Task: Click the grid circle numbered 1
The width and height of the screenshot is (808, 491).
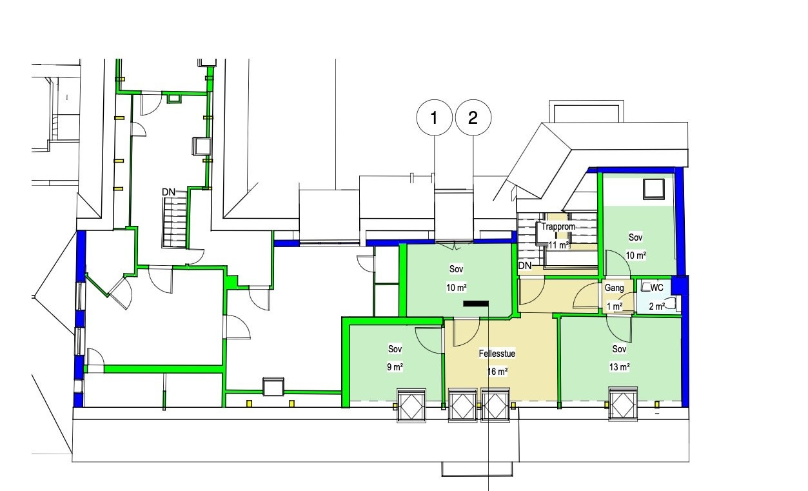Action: coord(434,117)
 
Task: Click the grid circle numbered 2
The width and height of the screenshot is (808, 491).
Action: coord(473,117)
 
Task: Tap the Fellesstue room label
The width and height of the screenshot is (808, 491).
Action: coord(497,354)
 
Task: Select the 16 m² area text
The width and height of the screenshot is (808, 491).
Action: coord(497,372)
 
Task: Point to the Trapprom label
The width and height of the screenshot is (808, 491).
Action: coord(558,226)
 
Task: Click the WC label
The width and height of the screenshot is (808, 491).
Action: coord(657,288)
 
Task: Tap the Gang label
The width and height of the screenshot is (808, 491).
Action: coord(614,288)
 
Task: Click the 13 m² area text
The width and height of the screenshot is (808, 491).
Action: coord(619,367)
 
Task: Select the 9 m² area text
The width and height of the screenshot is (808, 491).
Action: coord(395,367)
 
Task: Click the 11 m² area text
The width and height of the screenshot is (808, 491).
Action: coord(558,245)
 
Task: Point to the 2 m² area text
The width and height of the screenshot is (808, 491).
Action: coord(657,306)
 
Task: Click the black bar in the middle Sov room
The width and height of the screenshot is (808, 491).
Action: coord(476,304)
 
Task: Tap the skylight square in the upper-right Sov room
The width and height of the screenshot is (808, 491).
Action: coord(654,189)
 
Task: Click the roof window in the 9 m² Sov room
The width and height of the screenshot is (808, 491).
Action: coord(411,405)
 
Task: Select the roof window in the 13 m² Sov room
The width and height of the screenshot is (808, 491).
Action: coord(622,404)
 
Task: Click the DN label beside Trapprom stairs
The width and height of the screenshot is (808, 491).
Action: coord(525,266)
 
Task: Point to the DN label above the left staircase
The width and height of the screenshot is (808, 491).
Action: coord(168,192)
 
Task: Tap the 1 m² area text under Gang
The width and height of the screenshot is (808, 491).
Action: coord(615,306)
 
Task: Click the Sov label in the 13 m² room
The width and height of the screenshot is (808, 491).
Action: coord(619,349)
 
